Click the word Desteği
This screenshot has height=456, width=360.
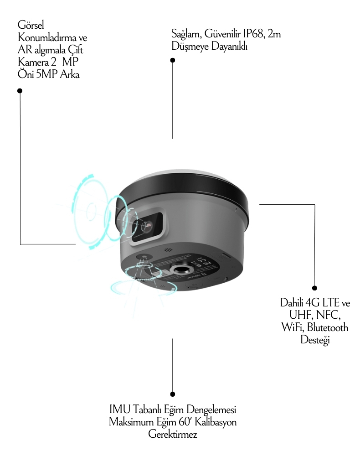315,340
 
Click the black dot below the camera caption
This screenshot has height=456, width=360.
20,91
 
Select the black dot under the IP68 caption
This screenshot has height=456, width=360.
172,60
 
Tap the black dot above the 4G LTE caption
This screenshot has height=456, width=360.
314,288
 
